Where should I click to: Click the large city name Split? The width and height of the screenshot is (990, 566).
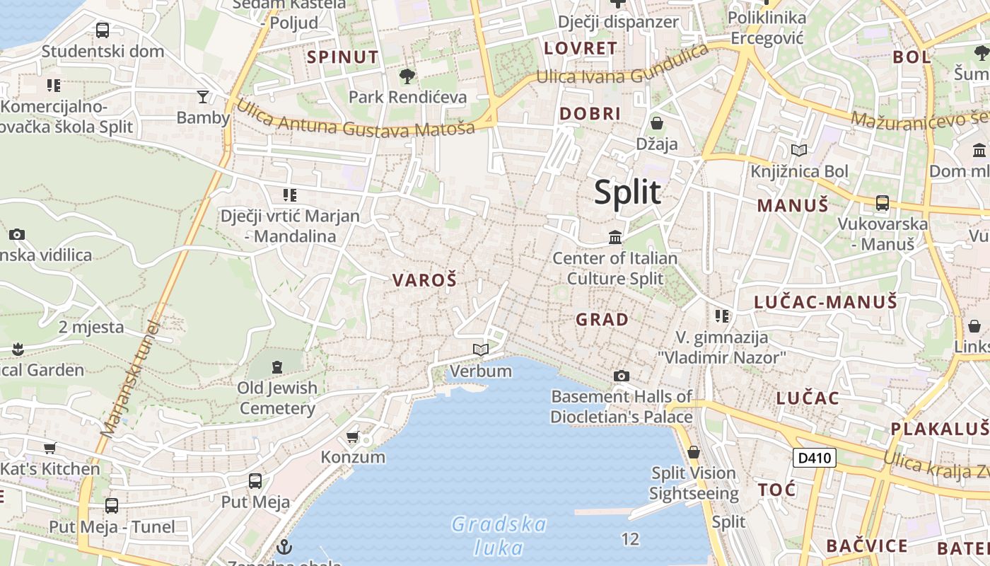tap(627, 192)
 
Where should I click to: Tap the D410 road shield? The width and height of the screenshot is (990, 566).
tap(814, 458)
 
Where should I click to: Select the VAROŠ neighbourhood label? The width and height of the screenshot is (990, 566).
tap(424, 280)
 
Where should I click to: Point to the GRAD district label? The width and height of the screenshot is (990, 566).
tap(602, 320)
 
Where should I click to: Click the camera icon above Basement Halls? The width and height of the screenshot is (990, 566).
tap(622, 376)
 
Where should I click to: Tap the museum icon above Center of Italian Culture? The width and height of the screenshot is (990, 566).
tap(615, 237)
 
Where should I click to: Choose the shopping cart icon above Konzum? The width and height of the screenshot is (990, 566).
tap(353, 437)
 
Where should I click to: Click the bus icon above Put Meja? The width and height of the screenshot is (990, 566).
tap(255, 481)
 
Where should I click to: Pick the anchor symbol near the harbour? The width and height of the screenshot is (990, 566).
tap(284, 546)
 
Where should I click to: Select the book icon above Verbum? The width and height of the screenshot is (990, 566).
tap(481, 350)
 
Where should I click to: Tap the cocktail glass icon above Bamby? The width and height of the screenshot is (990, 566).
tap(203, 96)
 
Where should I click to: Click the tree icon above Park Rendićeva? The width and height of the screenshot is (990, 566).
tap(407, 76)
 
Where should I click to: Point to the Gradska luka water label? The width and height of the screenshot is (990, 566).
tap(499, 536)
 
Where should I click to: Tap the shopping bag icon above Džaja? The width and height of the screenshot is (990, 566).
tap(657, 123)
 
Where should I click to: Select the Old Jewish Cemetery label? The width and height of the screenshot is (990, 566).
tap(277, 398)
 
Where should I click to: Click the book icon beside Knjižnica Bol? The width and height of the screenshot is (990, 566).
tap(799, 150)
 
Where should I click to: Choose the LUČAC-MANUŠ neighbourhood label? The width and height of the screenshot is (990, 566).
tap(825, 302)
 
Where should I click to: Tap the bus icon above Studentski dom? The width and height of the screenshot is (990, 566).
tap(103, 30)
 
